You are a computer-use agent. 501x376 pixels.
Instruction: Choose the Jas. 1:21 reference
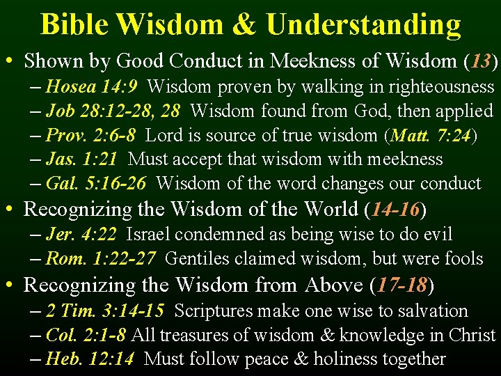coord(82,159)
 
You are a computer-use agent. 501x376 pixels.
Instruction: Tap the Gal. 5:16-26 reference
coord(97,184)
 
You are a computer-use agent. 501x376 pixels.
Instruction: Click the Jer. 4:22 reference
coord(81,235)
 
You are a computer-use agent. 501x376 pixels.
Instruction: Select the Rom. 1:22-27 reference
coord(101,259)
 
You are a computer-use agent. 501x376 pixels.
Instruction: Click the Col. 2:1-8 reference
coord(86,335)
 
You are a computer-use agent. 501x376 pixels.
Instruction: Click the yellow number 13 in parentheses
coord(481,61)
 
